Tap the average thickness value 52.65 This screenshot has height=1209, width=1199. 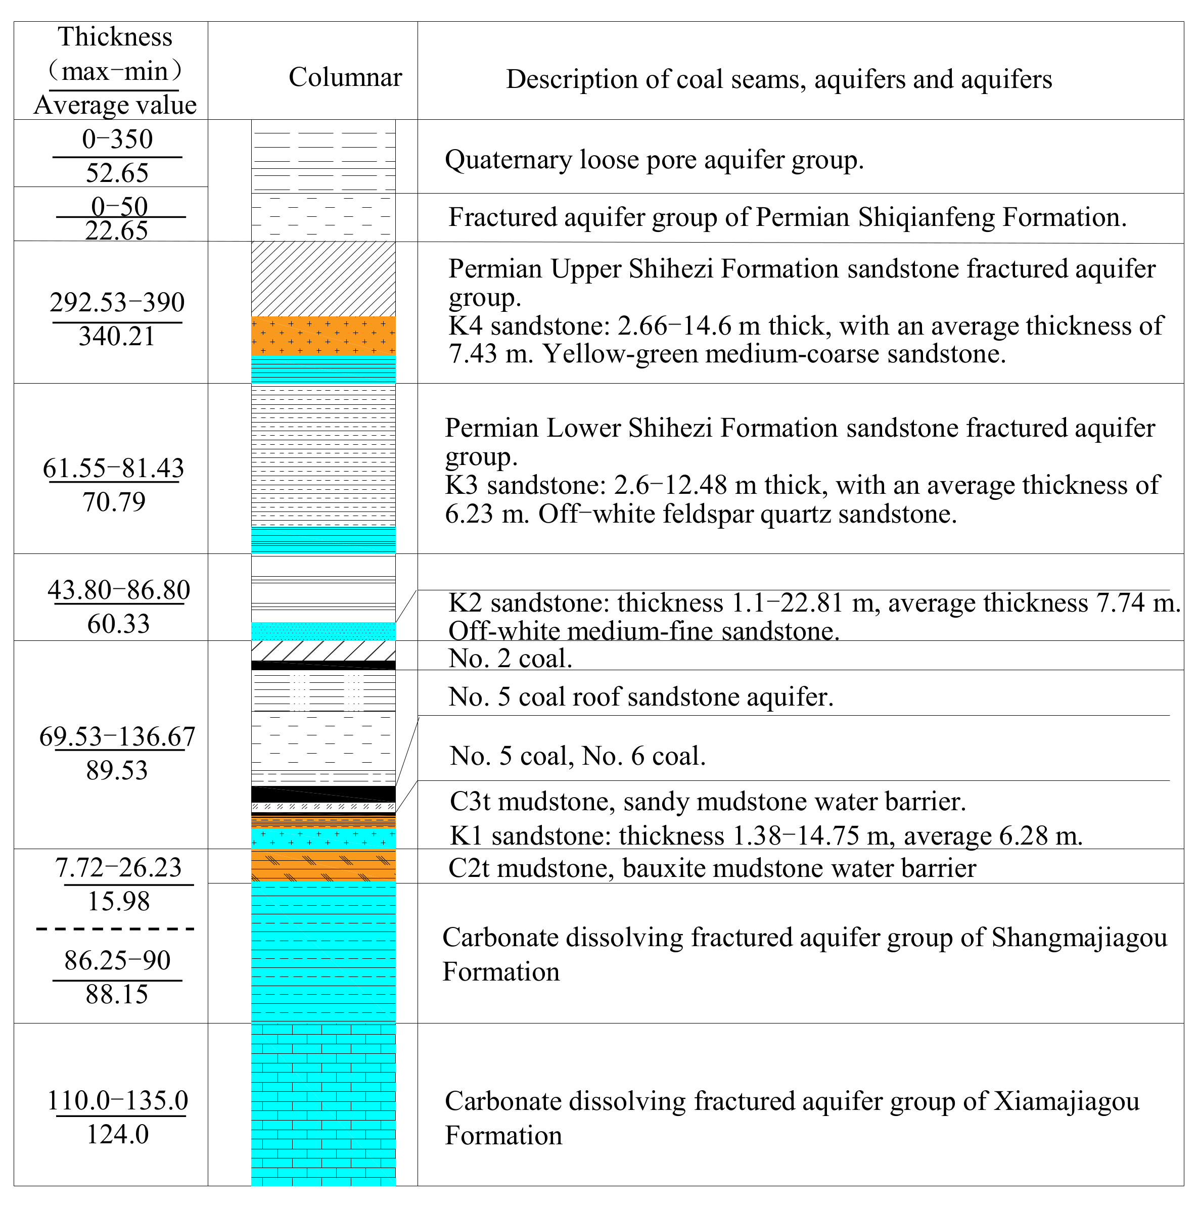pyautogui.click(x=117, y=173)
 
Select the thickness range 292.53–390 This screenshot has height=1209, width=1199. pyautogui.click(x=117, y=302)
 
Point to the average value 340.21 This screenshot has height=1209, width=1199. pyautogui.click(x=117, y=337)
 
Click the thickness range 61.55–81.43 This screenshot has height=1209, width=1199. pyautogui.click(x=113, y=468)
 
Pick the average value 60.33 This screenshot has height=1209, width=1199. pyautogui.click(x=118, y=624)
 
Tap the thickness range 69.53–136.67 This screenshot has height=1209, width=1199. pyautogui.click(x=117, y=736)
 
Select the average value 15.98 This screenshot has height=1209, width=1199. pyautogui.click(x=118, y=902)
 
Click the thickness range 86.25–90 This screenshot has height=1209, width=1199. pyautogui.click(x=117, y=960)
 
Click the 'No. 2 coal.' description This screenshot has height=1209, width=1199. pyautogui.click(x=510, y=658)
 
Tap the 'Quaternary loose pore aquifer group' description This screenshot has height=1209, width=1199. pyautogui.click(x=654, y=160)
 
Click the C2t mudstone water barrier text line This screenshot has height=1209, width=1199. pyautogui.click(x=712, y=868)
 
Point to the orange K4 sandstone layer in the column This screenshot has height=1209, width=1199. pyautogui.click(x=323, y=336)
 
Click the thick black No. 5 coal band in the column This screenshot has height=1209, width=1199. pyautogui.click(x=323, y=794)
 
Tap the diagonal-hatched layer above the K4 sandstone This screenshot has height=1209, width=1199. pyautogui.click(x=323, y=279)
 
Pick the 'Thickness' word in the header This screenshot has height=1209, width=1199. pyautogui.click(x=115, y=37)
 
